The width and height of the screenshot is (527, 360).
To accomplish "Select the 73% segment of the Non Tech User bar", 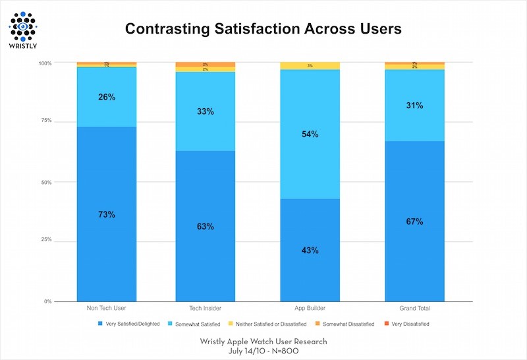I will [107, 214].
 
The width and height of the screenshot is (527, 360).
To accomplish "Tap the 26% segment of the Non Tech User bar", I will [107, 97].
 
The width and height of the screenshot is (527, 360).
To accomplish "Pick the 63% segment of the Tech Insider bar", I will [205, 226].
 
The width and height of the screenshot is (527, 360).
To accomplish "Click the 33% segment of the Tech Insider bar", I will [205, 111].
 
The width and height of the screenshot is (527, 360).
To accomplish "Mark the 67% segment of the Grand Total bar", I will [415, 221].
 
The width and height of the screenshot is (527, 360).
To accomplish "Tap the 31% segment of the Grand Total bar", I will [415, 105].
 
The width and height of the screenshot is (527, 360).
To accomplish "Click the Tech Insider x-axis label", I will [205, 309].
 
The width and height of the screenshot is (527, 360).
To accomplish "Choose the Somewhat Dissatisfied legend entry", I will [348, 324].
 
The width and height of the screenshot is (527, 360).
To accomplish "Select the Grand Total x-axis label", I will [415, 309].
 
